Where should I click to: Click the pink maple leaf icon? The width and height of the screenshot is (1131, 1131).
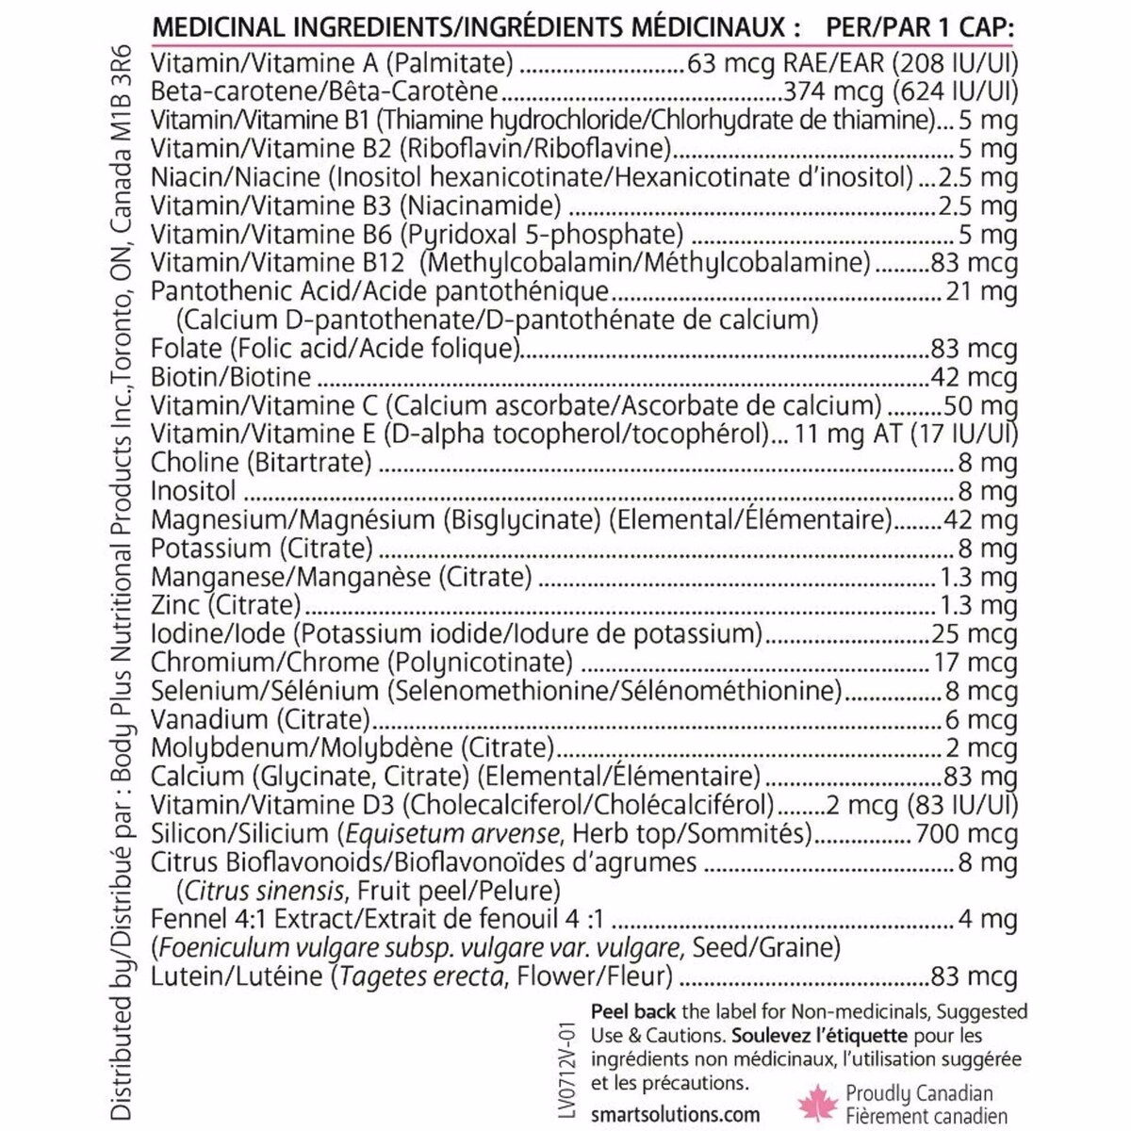tap(817, 1103)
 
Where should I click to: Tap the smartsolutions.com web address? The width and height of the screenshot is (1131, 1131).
tap(675, 1114)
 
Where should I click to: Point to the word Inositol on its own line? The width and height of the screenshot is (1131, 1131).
tap(193, 491)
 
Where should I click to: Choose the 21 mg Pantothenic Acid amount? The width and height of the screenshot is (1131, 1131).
tap(981, 292)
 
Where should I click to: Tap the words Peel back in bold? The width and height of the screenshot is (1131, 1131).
tap(633, 1011)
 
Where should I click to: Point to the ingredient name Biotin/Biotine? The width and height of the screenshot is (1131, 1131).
tap(231, 377)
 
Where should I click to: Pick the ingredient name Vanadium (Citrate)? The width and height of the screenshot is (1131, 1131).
tap(260, 720)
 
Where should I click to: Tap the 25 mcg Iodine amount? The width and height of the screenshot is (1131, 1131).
tap(975, 634)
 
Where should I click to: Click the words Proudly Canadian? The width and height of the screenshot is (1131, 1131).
tap(919, 1093)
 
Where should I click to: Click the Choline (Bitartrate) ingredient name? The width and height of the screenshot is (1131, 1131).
tap(261, 463)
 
